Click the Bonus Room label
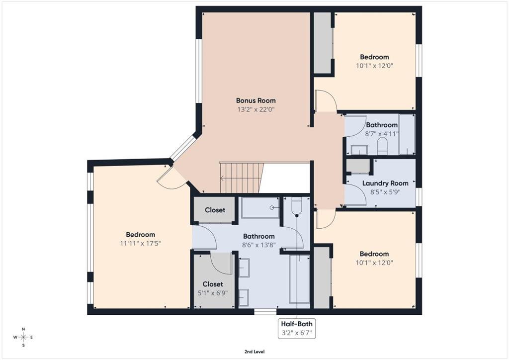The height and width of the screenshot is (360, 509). (256, 100)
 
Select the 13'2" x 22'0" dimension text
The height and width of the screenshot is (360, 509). (256, 109)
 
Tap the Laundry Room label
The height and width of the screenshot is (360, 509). (385, 183)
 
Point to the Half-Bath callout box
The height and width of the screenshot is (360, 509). (297, 329)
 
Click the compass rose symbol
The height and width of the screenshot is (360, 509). (23, 337)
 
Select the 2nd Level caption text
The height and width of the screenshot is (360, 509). (254, 352)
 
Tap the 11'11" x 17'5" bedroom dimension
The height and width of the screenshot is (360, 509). (141, 243)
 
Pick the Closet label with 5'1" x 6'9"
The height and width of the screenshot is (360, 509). (213, 284)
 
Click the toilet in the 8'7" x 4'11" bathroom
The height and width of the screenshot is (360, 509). (382, 146)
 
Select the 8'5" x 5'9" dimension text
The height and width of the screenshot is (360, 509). (385, 192)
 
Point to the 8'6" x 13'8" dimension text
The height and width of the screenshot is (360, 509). (259, 245)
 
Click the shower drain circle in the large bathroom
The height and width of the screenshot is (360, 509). (271, 207)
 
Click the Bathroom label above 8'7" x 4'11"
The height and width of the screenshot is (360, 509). (382, 125)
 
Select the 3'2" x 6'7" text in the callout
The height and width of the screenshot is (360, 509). (297, 333)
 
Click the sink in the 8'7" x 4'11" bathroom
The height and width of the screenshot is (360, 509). (359, 150)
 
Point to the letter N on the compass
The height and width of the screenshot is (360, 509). (23, 329)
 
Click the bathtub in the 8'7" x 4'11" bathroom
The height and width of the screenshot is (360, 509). (407, 134)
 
